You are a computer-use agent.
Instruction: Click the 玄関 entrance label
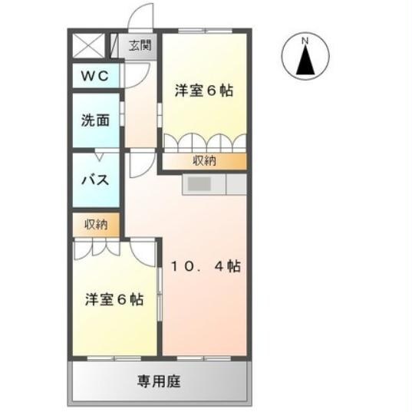(140, 44)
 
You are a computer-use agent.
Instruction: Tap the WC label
(96, 77)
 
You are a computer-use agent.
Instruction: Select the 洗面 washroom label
(96, 120)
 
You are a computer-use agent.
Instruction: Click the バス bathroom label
(96, 182)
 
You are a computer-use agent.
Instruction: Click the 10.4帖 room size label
(205, 267)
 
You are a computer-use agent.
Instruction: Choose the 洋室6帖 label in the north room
(203, 91)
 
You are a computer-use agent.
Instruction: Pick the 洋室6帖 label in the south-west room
(114, 299)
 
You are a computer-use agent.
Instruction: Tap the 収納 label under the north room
(203, 161)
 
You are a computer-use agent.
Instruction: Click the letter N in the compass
(305, 40)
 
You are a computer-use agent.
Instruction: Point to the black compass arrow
(305, 60)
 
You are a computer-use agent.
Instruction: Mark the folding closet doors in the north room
(203, 143)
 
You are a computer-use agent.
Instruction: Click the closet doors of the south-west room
(97, 247)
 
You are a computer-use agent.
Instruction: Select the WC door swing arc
(130, 75)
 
